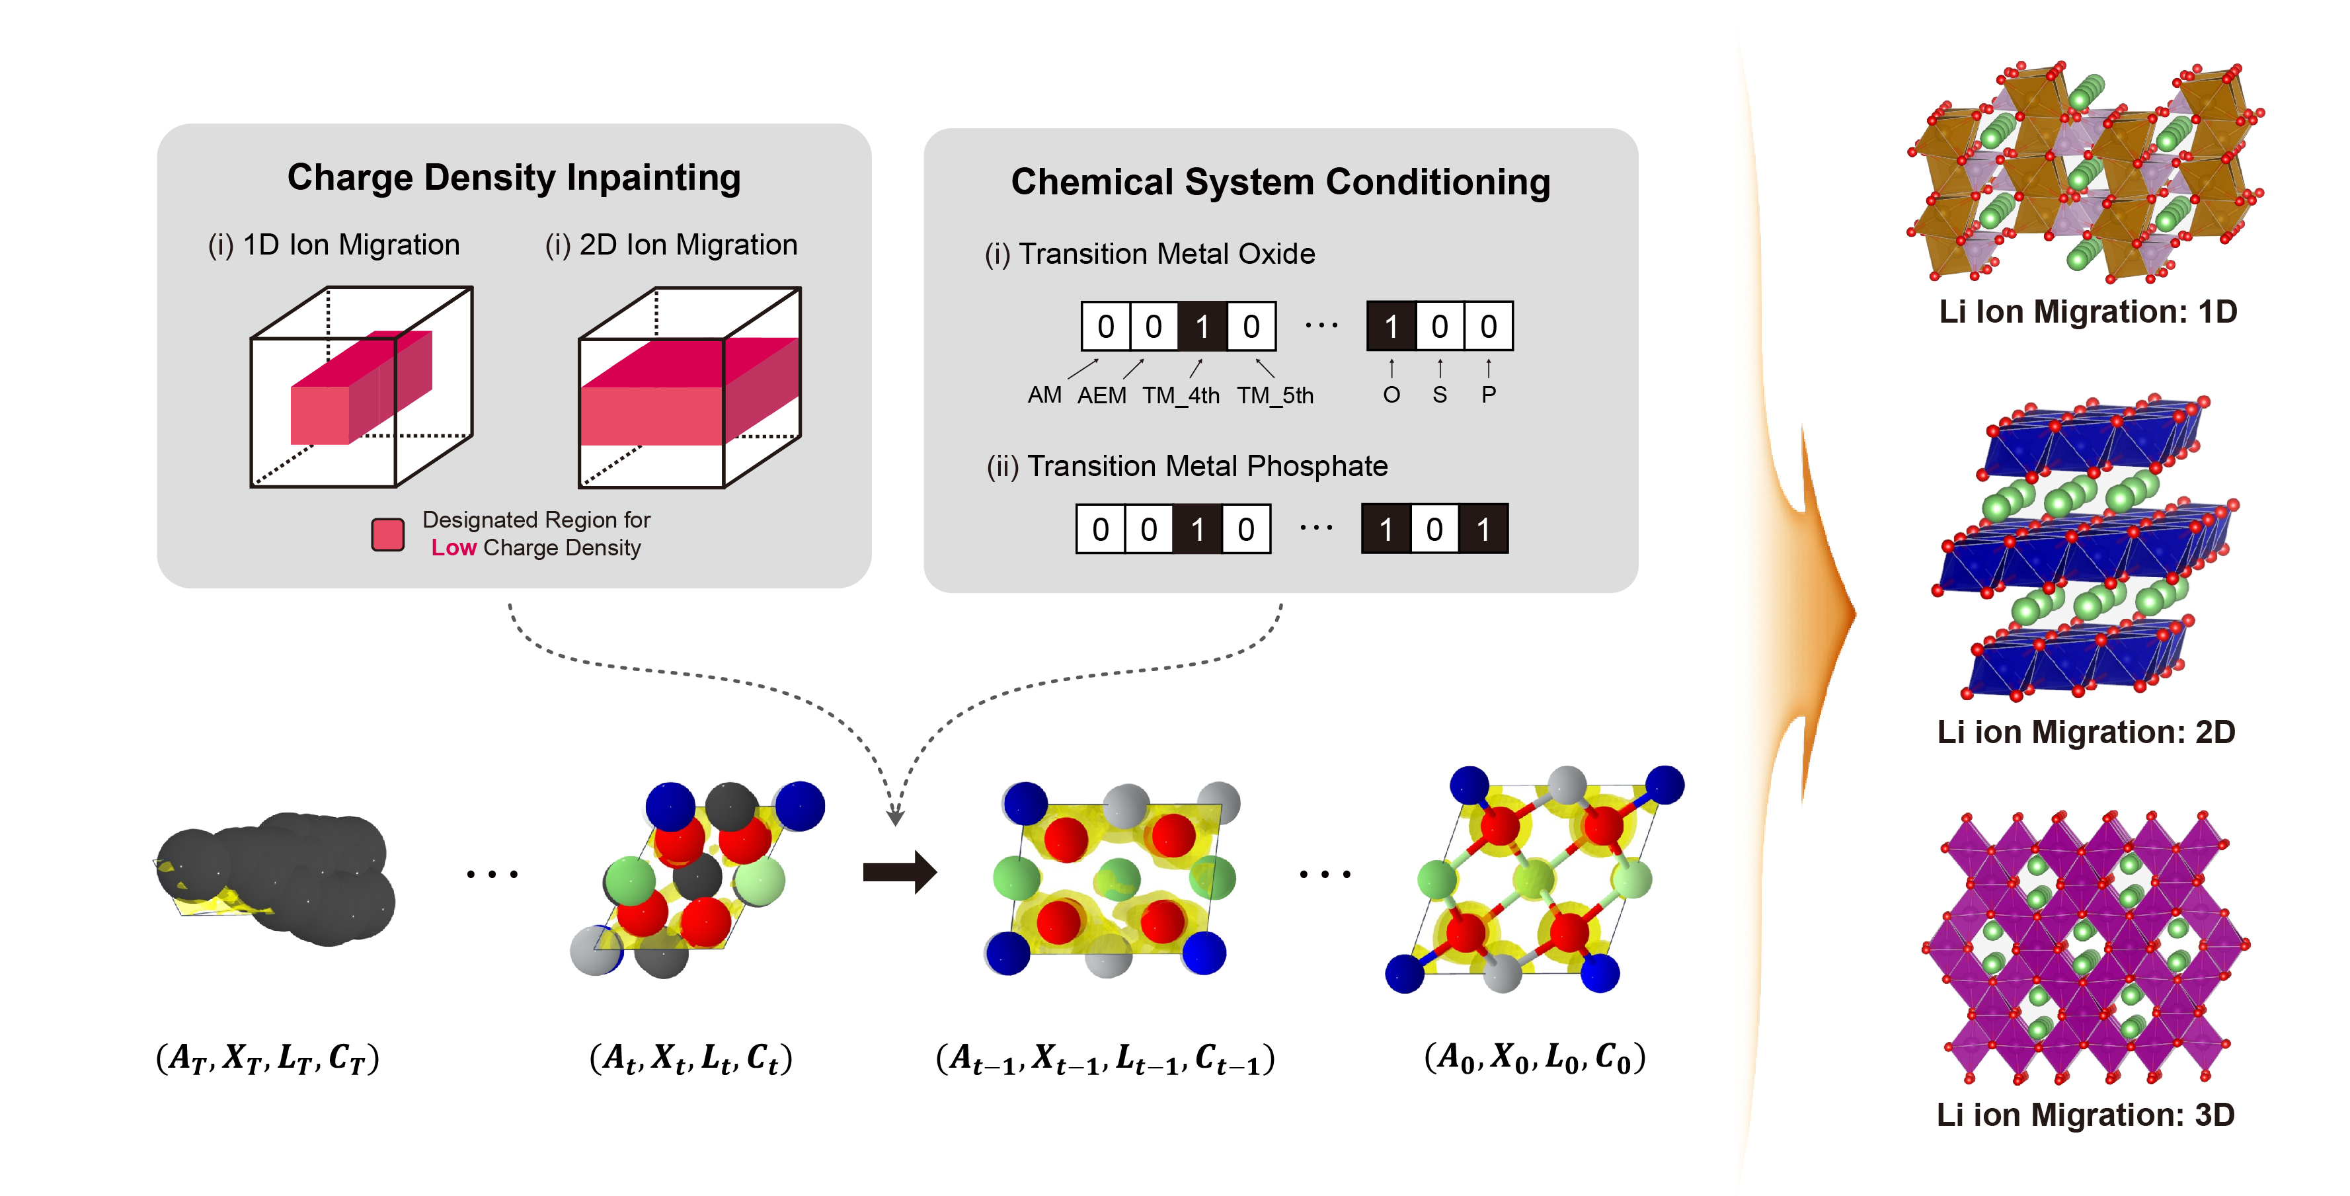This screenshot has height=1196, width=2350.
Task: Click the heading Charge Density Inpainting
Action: coord(514,177)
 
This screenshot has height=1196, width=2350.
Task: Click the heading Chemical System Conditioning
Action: coord(1280,182)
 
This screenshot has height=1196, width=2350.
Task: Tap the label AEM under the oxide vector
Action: coord(1101,395)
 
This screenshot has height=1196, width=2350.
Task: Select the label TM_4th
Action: coord(1181,395)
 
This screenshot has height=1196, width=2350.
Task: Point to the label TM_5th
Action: coord(1274,395)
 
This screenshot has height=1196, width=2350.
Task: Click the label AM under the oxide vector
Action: coord(1044,395)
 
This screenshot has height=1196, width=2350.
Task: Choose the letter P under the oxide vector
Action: coord(1488,395)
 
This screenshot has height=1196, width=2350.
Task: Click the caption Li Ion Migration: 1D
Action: coord(2088,312)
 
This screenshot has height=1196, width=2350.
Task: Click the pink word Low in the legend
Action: coord(453,547)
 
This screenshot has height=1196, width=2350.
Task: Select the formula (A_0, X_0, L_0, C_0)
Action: coord(1534,1057)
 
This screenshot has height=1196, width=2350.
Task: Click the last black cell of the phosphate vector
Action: coord(1483,529)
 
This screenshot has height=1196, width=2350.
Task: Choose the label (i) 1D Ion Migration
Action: coord(334,245)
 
